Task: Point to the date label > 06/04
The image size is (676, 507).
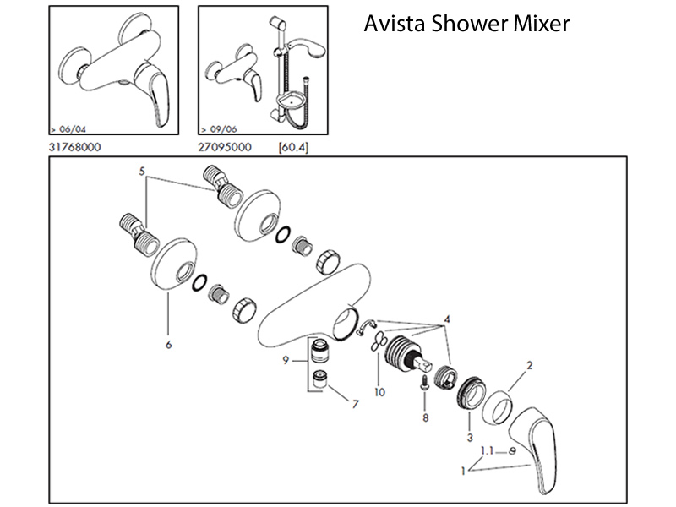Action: click(68, 130)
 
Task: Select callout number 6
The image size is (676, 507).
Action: click(169, 345)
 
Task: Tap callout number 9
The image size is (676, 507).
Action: click(287, 361)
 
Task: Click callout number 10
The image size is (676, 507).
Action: click(380, 392)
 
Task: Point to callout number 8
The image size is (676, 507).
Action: click(424, 417)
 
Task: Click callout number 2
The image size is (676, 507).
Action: click(530, 365)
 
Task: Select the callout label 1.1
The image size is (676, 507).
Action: click(489, 450)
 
